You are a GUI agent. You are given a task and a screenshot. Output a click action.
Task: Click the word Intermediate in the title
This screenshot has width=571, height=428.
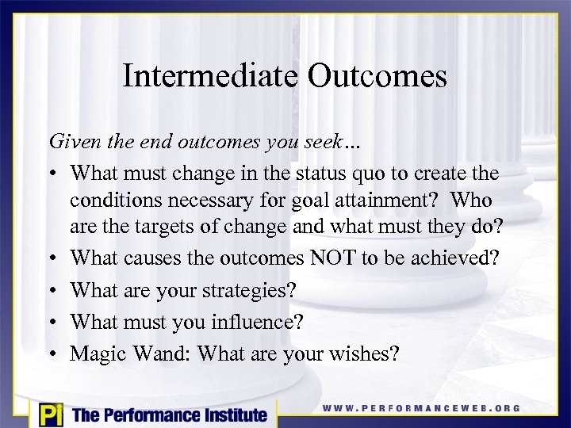point(210,76)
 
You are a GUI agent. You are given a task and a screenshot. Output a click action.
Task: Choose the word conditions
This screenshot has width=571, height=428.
point(117,200)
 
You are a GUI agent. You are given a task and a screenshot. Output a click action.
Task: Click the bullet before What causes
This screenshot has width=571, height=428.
point(54,258)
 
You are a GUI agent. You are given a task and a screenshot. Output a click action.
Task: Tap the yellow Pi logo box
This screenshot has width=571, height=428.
point(50,413)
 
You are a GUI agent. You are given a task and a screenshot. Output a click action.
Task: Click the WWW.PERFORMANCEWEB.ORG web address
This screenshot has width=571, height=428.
point(421,408)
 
